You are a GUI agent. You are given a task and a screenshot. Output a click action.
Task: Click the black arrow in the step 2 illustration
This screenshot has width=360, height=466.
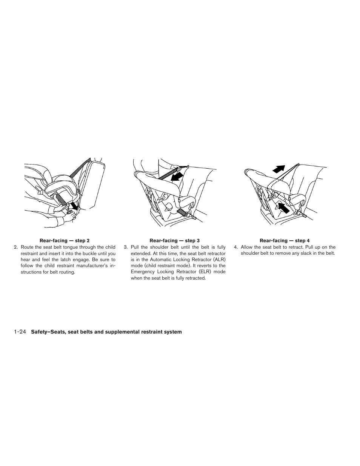[75, 206]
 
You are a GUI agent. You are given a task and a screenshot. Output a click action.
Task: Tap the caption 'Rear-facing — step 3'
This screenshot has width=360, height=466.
[175, 240]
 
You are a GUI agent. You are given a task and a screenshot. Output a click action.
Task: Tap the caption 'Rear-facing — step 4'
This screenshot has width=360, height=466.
[285, 240]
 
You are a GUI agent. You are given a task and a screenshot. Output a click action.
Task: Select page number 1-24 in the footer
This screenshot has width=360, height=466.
[20, 332]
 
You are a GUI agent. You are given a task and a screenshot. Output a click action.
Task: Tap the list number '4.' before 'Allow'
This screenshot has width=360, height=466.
[236, 247]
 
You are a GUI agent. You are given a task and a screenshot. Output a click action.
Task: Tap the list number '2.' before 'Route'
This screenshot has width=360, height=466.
[16, 247]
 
